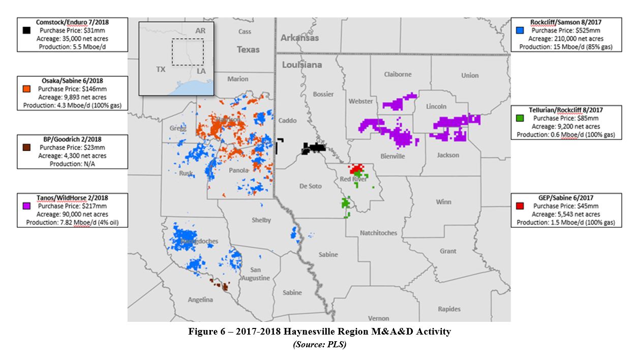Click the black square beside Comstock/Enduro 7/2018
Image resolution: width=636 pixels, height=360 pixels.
[x=26, y=31]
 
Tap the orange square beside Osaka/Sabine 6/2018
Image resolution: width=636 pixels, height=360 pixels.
[x=26, y=89]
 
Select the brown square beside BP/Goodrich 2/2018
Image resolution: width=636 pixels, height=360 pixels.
[x=26, y=147]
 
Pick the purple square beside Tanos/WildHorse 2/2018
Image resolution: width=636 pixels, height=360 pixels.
[x=26, y=206]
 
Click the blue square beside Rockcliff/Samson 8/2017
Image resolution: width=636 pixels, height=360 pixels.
[x=520, y=31]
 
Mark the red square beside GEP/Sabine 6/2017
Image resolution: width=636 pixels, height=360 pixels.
[x=520, y=206]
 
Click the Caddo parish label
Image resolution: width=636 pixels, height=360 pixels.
[x=287, y=121]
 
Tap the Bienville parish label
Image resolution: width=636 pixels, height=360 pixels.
[x=392, y=156]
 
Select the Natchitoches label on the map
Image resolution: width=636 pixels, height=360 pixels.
[x=378, y=233]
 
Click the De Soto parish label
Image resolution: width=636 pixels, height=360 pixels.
[x=310, y=186]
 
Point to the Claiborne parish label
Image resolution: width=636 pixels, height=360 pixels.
[x=398, y=74]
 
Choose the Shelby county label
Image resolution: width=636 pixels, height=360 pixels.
[x=261, y=220]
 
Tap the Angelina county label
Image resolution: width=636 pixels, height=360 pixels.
[x=200, y=299]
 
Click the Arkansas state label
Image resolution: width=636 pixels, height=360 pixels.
[x=300, y=38]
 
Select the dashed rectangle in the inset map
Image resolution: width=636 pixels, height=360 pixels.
[x=188, y=51]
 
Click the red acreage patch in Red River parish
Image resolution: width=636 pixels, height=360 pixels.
[x=357, y=168]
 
